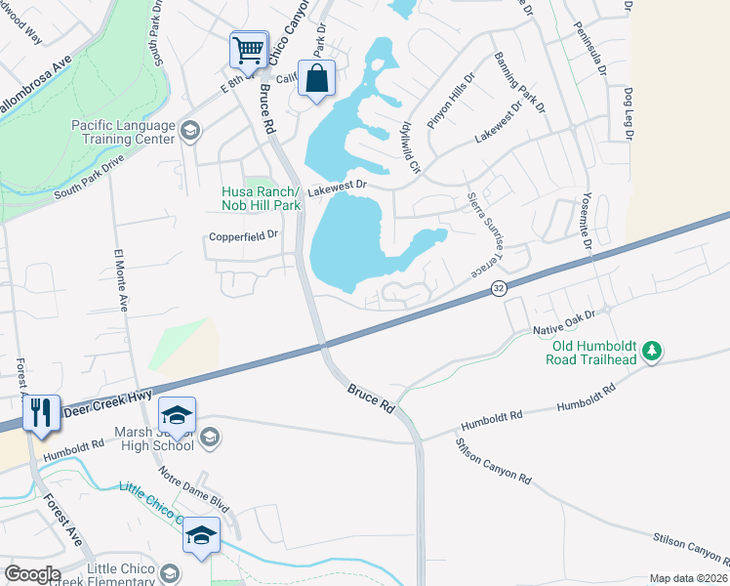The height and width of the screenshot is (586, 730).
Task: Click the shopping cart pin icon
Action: (249, 49)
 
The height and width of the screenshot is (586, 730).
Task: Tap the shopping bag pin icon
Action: (317, 78)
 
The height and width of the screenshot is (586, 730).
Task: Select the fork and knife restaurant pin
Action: (40, 413)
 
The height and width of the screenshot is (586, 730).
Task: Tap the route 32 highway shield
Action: (499, 288)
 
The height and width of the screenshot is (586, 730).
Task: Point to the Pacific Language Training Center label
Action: (124, 132)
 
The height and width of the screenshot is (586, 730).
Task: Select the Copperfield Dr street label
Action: (244, 235)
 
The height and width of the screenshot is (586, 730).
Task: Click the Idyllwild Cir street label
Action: (407, 145)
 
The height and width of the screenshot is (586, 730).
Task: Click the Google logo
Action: (32, 574)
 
